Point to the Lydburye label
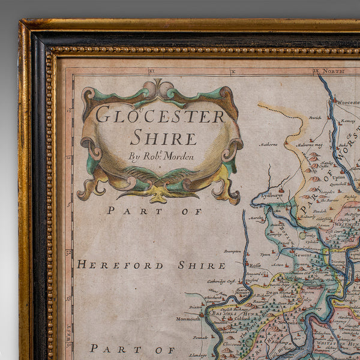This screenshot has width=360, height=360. point(271,195)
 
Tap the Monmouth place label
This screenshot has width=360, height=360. point(188,319)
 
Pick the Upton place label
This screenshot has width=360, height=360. point(338,178)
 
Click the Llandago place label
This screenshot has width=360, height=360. point(199,355)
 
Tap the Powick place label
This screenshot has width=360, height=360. point(314,118)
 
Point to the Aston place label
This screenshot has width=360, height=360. point(277,265)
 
